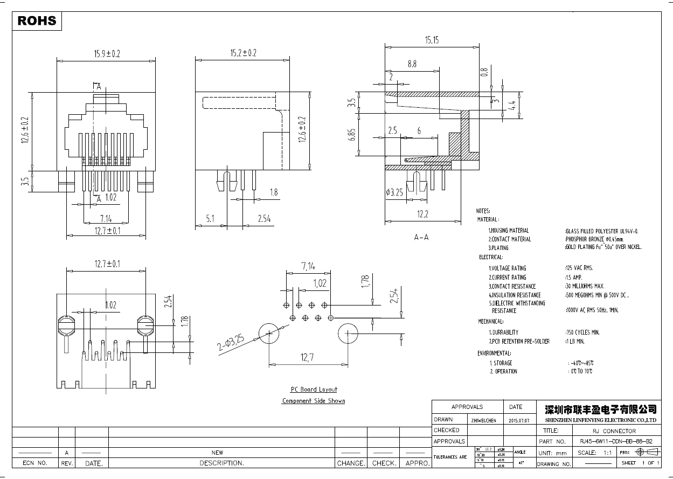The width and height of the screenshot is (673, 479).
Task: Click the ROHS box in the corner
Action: pos(37,21)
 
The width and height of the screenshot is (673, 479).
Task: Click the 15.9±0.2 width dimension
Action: pos(107,53)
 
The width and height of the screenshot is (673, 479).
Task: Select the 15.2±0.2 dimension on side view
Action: pos(243,53)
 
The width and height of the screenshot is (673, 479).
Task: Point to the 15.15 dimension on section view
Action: pos(432,40)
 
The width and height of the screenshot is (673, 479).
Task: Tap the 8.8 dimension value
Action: pos(412,64)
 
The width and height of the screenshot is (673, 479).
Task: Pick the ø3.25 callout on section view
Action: pos(395,192)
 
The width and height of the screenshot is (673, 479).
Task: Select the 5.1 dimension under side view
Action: pos(210,219)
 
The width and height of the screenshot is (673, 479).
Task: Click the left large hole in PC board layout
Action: pos(269,334)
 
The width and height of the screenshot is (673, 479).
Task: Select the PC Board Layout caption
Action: pos(314,390)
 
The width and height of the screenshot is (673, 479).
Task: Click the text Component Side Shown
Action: pos(313,401)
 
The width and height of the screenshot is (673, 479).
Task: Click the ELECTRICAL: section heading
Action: pos(490,258)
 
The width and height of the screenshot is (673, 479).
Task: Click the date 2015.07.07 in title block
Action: pos(519,420)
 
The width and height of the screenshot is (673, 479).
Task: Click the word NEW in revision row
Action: pos(217,453)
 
